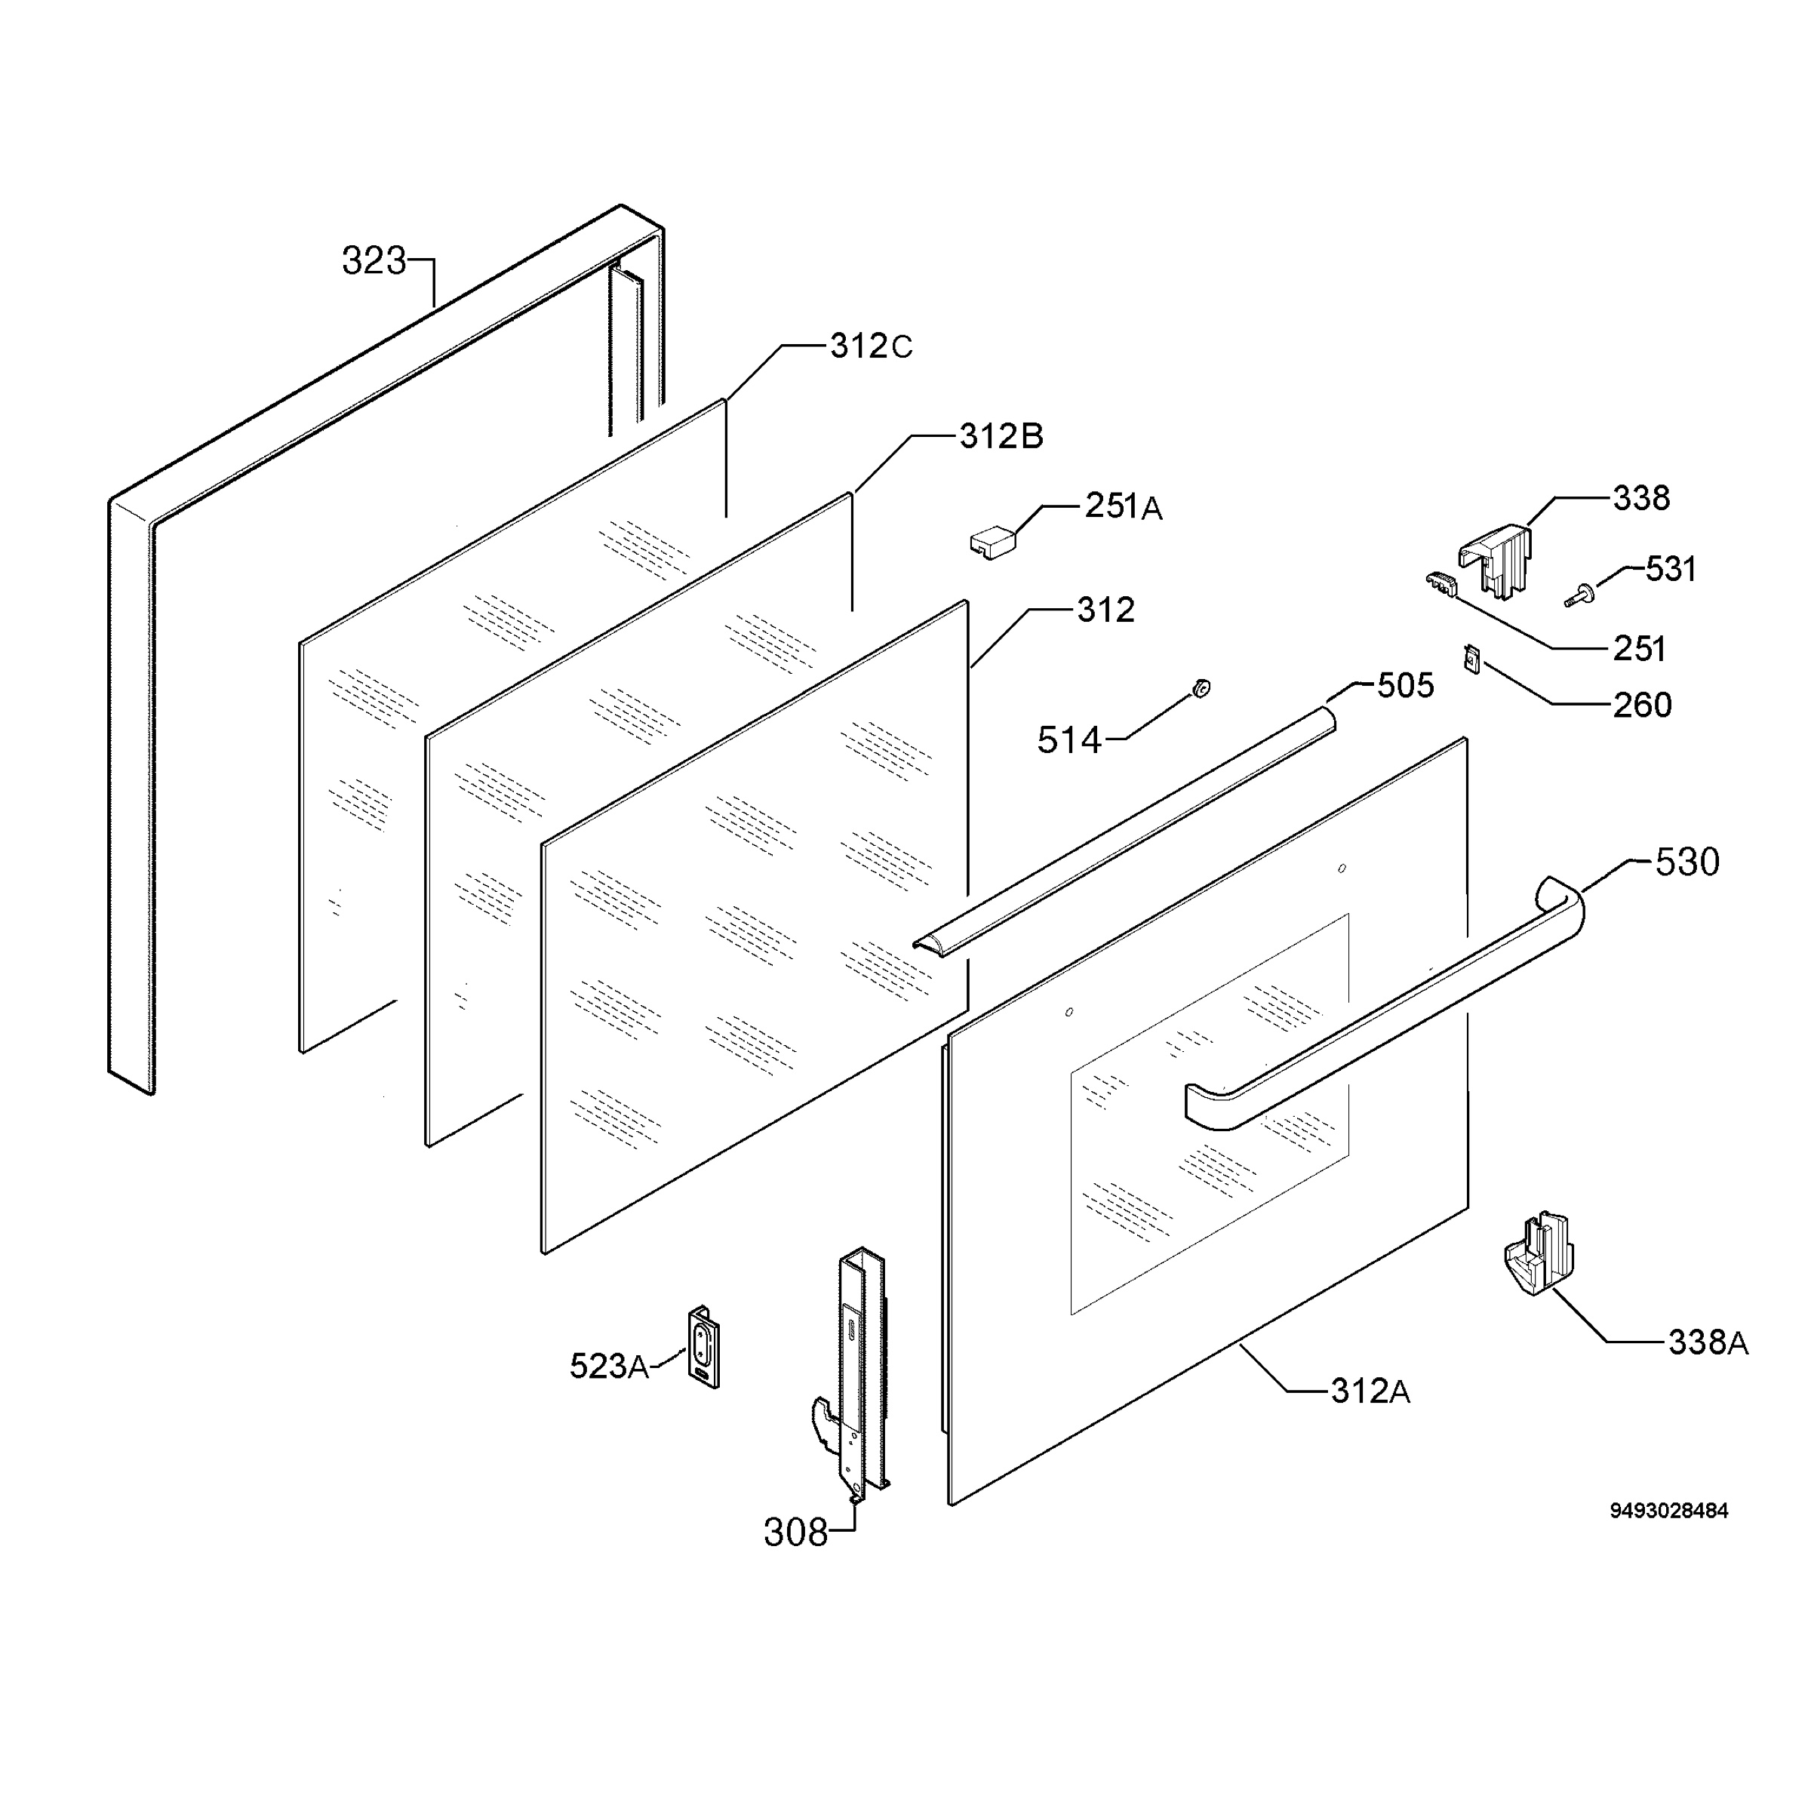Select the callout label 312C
click(871, 347)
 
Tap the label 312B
click(1001, 436)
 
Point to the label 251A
click(1124, 506)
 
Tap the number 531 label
click(1671, 569)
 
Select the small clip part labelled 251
click(1443, 585)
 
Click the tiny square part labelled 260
click(1471, 658)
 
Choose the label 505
click(1405, 685)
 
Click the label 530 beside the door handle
click(1687, 862)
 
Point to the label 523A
click(609, 1366)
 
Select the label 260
click(1642, 705)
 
